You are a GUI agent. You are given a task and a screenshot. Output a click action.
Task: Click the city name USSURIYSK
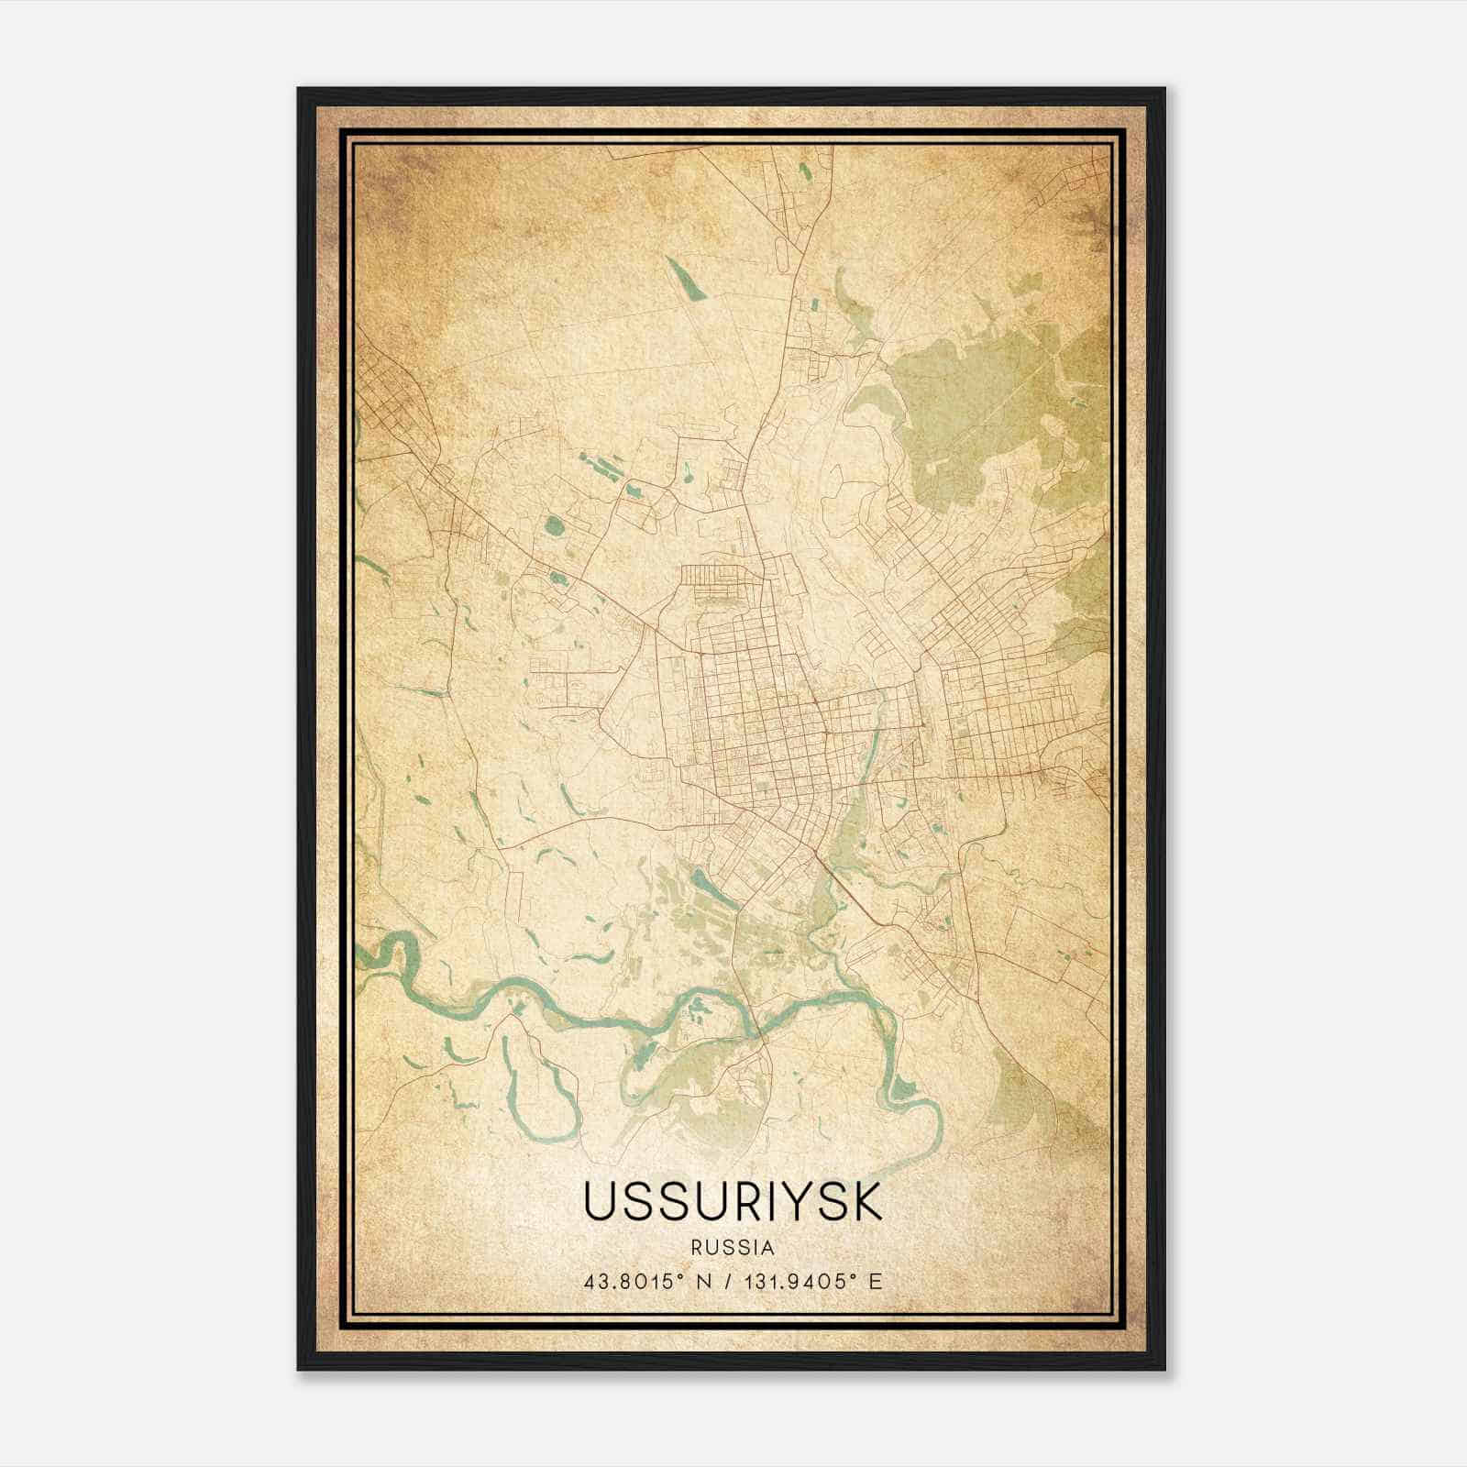point(733,1202)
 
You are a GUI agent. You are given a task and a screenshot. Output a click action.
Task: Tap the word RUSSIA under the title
point(733,1248)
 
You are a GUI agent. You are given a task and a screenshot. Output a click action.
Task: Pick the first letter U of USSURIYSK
point(598,1202)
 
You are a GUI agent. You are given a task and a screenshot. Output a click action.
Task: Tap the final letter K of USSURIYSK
point(867,1202)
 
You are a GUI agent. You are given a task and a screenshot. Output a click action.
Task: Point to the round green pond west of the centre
point(554,526)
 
